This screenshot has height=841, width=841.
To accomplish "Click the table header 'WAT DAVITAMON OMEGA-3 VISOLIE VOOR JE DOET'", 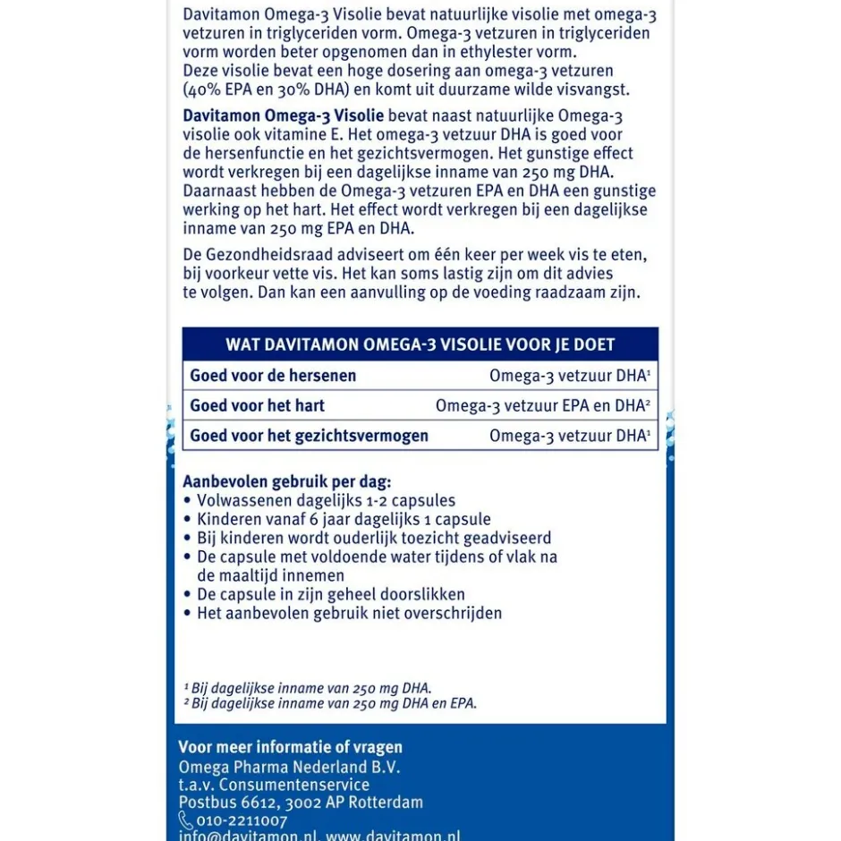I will pyautogui.click(x=420, y=345).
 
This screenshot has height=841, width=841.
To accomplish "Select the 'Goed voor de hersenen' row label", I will pyautogui.click(x=273, y=376).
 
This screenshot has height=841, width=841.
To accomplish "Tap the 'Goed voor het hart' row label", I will pyautogui.click(x=257, y=405).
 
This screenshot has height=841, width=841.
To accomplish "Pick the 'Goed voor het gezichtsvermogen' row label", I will pyautogui.click(x=309, y=436).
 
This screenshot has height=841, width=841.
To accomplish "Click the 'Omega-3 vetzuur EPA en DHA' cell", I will pyautogui.click(x=542, y=405).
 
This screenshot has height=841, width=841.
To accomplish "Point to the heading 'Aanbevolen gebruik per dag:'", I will pyautogui.click(x=286, y=481).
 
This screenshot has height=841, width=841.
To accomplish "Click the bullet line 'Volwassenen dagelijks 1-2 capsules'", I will pyautogui.click(x=326, y=500).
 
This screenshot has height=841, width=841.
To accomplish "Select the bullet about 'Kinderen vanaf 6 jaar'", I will pyautogui.click(x=344, y=519).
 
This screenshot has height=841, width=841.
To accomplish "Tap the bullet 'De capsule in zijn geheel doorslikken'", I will pyautogui.click(x=330, y=594).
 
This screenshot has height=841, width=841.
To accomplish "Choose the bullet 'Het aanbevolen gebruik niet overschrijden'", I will pyautogui.click(x=349, y=613).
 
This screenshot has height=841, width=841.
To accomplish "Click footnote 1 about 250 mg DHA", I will pyautogui.click(x=308, y=688).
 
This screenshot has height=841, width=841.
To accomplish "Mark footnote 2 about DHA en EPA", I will pyautogui.click(x=330, y=703).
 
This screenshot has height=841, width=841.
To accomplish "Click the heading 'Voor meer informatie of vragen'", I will pyautogui.click(x=290, y=747).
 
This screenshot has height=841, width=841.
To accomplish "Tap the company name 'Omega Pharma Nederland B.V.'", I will pyautogui.click(x=289, y=767).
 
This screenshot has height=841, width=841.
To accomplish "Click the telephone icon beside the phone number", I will pyautogui.click(x=186, y=820).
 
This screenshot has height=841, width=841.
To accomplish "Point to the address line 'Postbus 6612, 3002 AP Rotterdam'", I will pyautogui.click(x=301, y=803).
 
